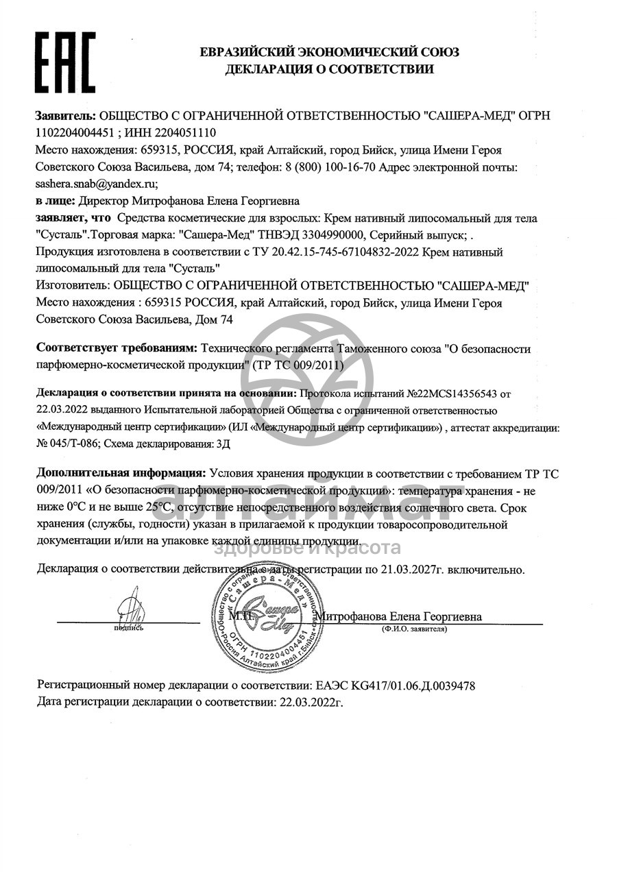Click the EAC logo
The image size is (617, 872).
pos(65,62)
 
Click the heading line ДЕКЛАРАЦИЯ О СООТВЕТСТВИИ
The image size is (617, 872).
pos(329,69)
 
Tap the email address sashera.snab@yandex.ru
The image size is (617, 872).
pos(97,184)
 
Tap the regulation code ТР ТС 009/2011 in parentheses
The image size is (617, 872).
pos(298,365)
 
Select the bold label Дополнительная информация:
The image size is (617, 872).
pos(121,473)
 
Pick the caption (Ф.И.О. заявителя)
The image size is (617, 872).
pos(415,629)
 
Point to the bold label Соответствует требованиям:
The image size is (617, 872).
pos(117,349)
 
